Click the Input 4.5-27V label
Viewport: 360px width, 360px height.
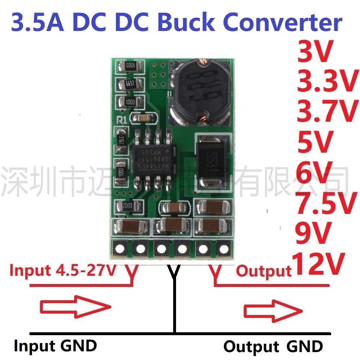click(x=63, y=270)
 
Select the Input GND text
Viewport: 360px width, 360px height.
click(x=55, y=346)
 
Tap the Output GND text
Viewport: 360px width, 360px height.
click(x=273, y=346)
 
